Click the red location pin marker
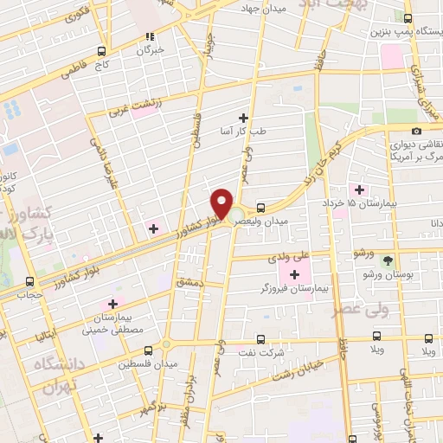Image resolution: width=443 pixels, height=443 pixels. pos(221,204)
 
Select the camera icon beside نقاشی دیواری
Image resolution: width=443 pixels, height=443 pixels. pos(418,131)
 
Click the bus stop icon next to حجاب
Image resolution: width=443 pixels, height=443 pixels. pos(31,281)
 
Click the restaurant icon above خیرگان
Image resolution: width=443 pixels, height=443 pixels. pos(151,36)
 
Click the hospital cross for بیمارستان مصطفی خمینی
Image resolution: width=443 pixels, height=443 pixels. pos(112,304)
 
